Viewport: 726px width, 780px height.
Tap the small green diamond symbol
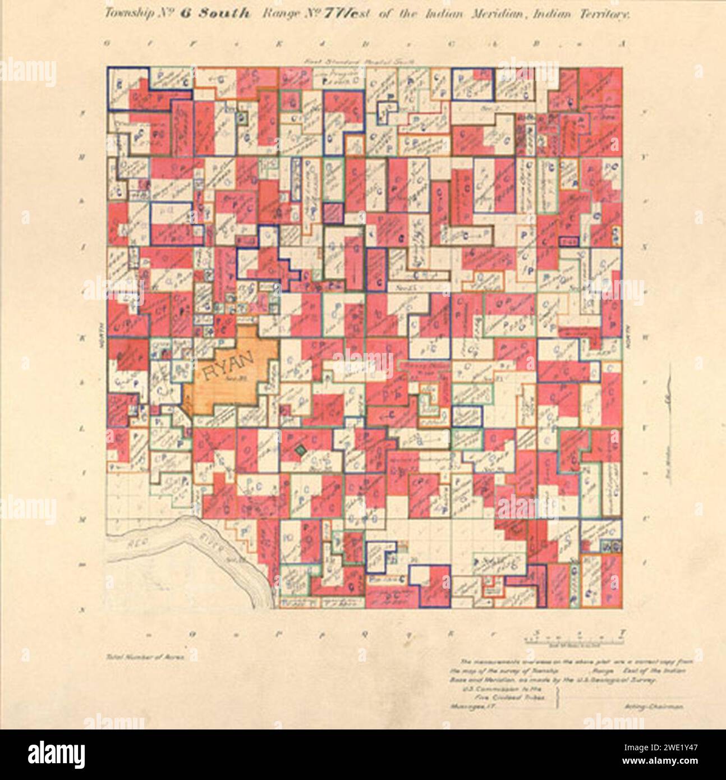click(x=301, y=449)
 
